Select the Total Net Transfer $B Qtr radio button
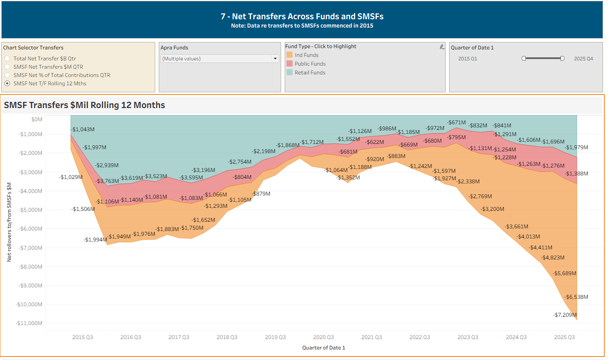[x=7, y=59]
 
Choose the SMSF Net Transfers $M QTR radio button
[x=7, y=67]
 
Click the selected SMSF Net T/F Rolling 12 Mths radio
[x=7, y=84]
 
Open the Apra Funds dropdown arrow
[x=275, y=59]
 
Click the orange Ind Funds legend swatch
[x=289, y=55]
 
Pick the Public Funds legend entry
[x=310, y=64]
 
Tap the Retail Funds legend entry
[x=310, y=73]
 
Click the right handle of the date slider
[x=562, y=59]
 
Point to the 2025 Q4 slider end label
[x=583, y=59]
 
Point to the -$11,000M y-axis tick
[x=29, y=323]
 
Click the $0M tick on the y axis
[x=36, y=119]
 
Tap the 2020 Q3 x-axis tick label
[x=324, y=337]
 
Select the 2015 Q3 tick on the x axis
[x=83, y=337]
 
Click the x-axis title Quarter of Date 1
[x=324, y=348]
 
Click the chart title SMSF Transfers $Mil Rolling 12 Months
[x=84, y=105]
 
